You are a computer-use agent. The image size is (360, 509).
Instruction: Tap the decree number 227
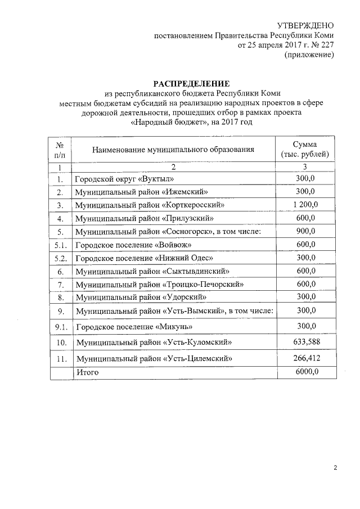coord(328,45)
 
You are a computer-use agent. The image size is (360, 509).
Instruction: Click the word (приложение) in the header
coord(309,55)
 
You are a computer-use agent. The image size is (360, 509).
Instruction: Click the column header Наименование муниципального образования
coord(173,150)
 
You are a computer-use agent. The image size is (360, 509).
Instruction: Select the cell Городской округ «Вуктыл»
coord(125,179)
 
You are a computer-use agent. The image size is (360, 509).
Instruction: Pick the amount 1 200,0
coord(305,205)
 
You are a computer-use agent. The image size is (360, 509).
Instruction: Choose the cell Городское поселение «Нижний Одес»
coord(143,258)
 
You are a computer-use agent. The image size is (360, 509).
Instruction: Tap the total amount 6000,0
coord(305,372)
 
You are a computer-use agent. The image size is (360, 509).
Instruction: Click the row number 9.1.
coord(60,326)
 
